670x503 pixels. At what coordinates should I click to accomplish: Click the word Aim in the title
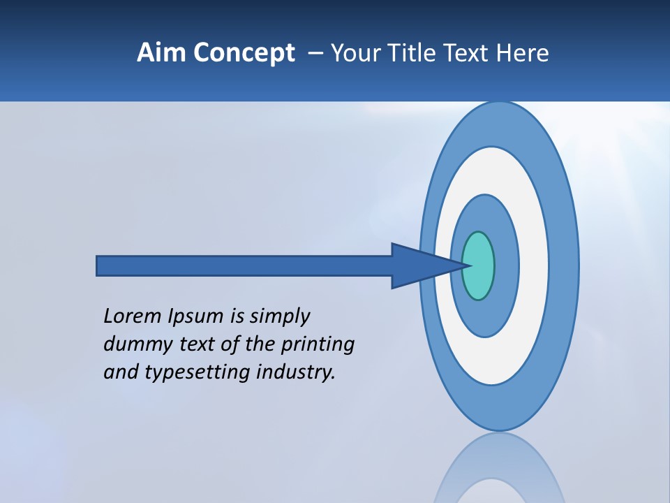point(162,53)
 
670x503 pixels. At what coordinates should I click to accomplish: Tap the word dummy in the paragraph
point(133,344)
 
